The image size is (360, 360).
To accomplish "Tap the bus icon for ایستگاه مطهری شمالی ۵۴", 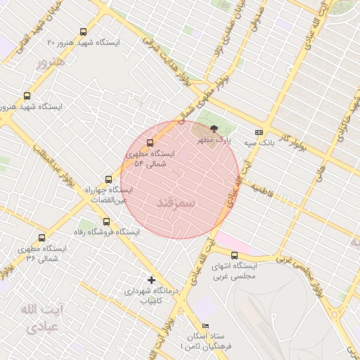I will click(150, 143).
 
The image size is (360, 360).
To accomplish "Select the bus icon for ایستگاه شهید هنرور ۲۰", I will click(84, 32).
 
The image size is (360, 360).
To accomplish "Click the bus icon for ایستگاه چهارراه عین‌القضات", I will click(108, 179).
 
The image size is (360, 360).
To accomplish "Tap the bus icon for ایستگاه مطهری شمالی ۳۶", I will click(42, 238).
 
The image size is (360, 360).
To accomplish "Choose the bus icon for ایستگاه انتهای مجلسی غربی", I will click(234, 256).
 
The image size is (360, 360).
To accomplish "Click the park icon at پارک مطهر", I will click(214, 128).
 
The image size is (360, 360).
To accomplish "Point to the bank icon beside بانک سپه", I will click(259, 131).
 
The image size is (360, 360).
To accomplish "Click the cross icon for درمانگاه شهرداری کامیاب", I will click(151, 280).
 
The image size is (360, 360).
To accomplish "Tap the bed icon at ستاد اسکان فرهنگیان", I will click(205, 326).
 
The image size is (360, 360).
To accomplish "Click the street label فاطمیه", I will click(259, 190).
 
